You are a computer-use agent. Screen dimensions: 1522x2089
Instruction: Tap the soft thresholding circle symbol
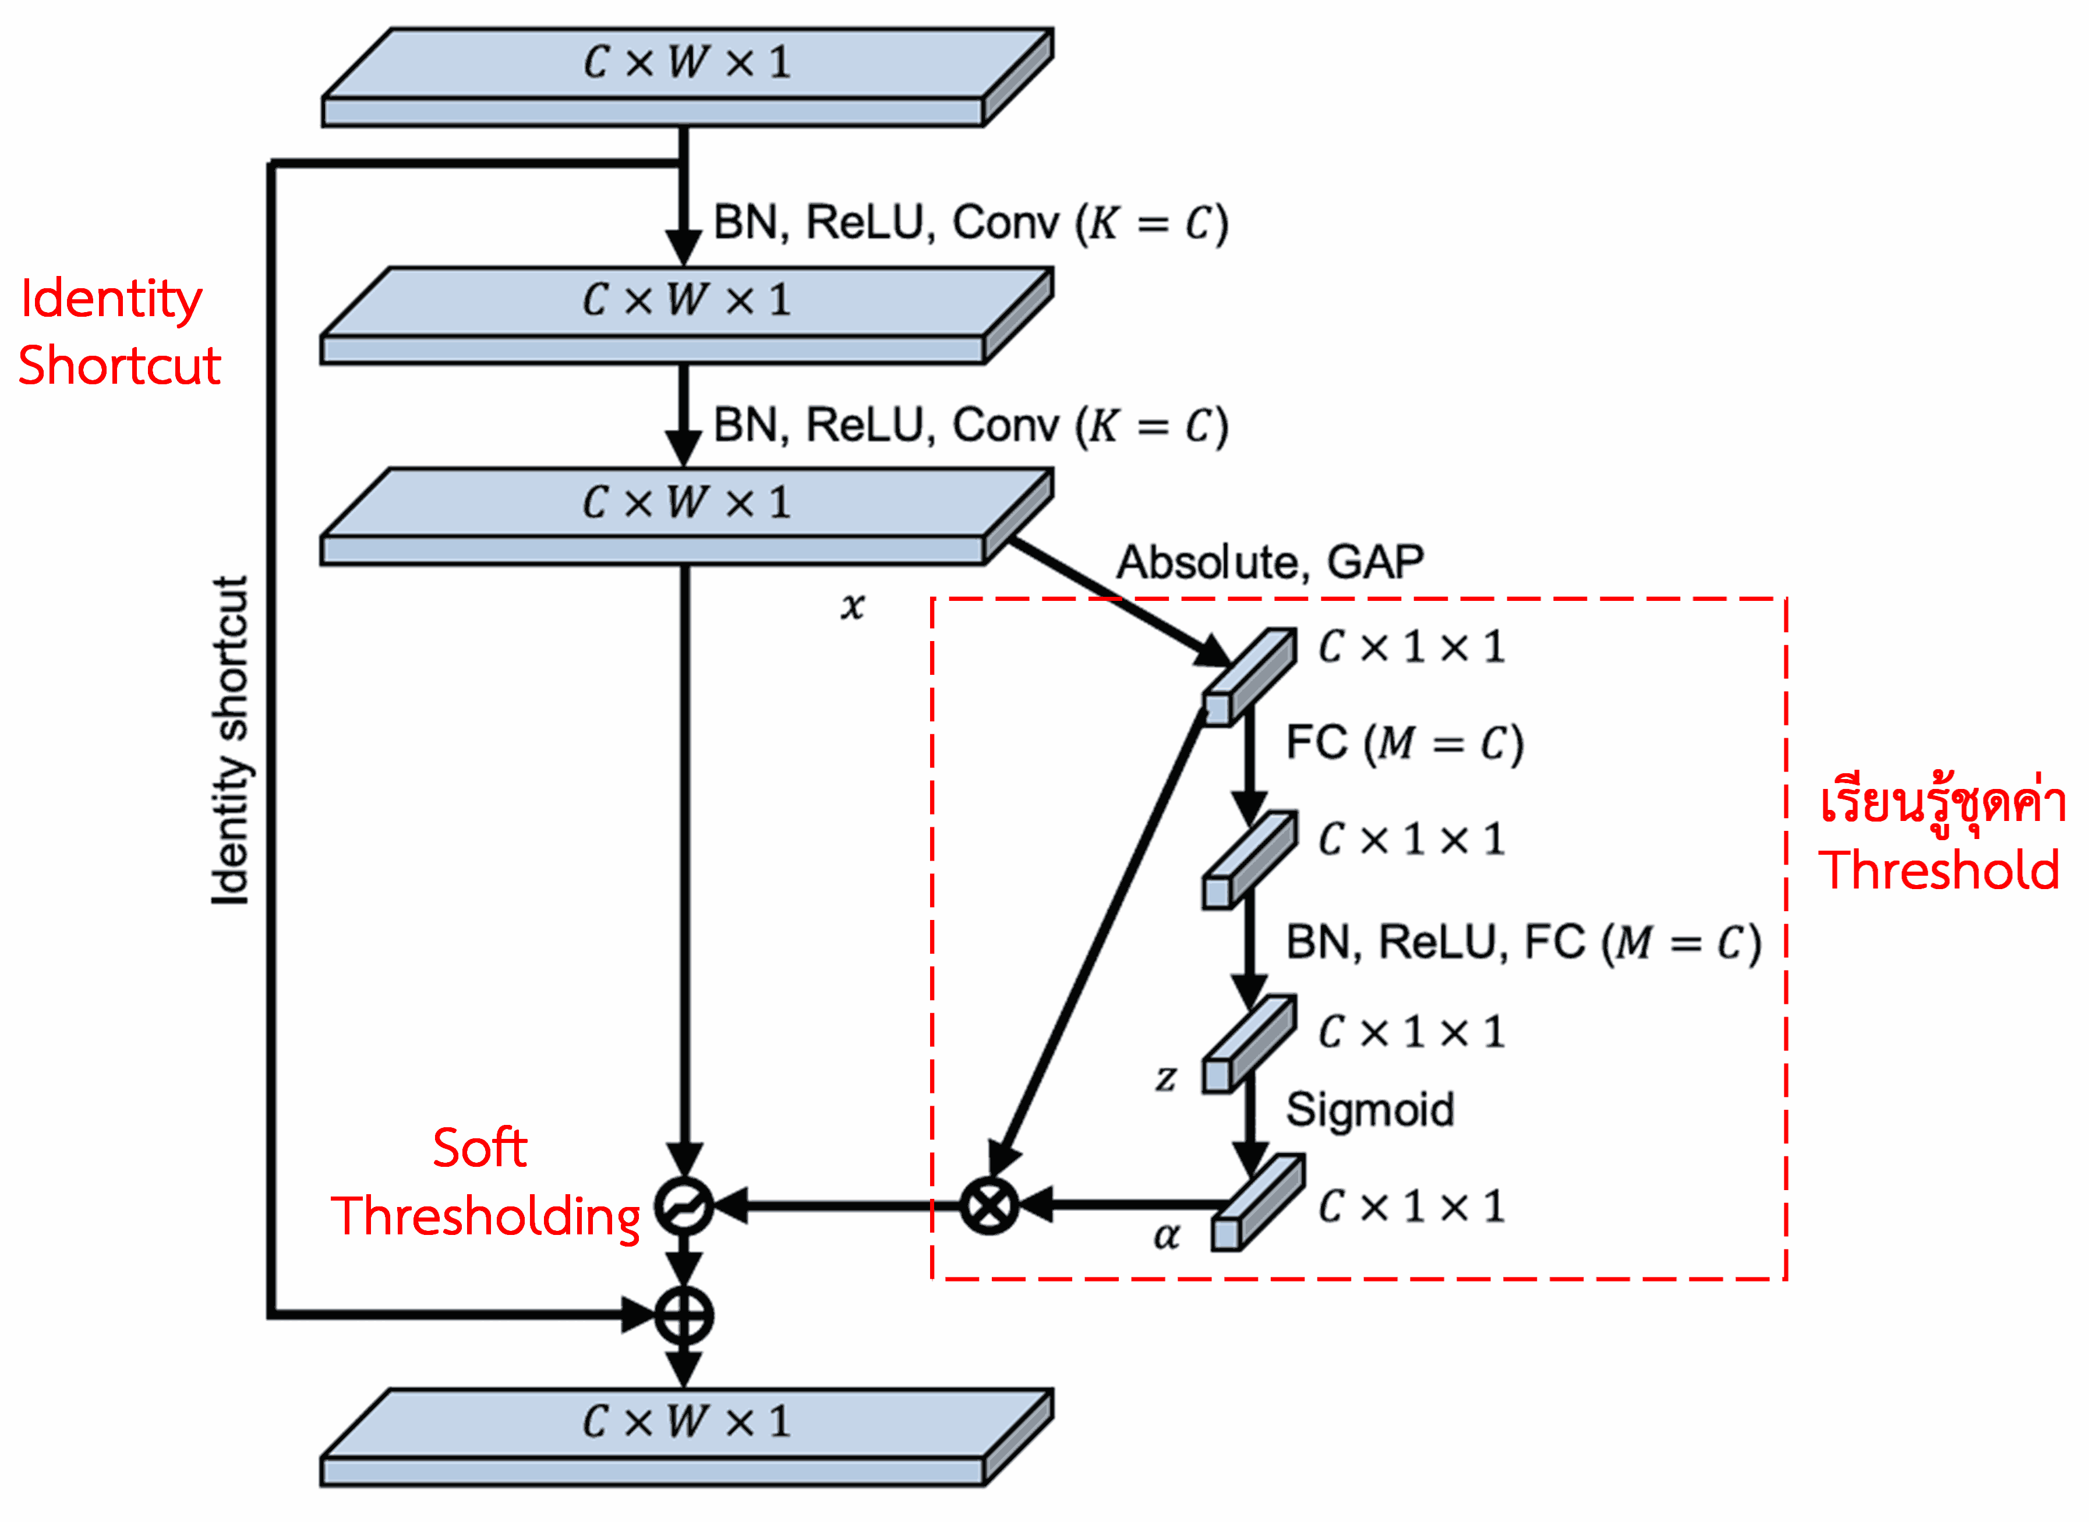click(684, 1205)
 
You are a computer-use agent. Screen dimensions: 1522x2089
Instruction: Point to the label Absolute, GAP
click(1270, 562)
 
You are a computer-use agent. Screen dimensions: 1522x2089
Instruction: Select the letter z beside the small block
click(1166, 1077)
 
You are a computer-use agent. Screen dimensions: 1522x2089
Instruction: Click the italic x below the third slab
click(853, 606)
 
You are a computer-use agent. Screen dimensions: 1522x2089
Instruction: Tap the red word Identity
click(111, 299)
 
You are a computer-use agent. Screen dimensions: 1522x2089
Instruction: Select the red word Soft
click(479, 1148)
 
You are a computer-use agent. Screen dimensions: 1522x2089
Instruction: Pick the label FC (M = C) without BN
click(1404, 744)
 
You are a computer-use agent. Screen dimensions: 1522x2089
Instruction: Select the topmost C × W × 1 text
click(687, 63)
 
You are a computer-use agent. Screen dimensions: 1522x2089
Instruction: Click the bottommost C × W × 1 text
click(687, 1422)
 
